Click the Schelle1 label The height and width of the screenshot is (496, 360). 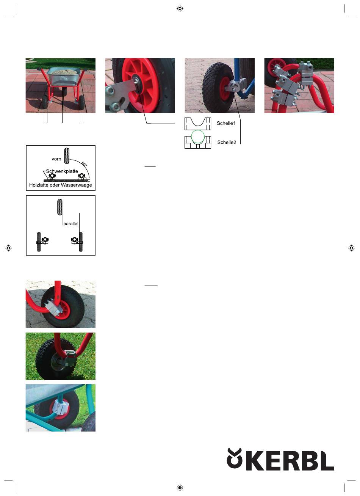(x=226, y=123)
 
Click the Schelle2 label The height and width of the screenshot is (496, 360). (x=227, y=142)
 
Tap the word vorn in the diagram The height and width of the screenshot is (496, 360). (x=56, y=159)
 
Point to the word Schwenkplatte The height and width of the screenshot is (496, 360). (x=62, y=171)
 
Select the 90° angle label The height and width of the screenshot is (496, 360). (x=84, y=164)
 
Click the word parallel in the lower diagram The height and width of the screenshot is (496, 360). (x=71, y=224)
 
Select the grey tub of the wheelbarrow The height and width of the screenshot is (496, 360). (x=64, y=77)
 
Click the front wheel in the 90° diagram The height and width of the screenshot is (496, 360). (x=67, y=156)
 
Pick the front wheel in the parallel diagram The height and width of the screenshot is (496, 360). (x=60, y=207)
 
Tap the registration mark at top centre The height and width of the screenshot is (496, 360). (x=180, y=8)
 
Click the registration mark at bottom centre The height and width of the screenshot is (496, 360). (x=180, y=487)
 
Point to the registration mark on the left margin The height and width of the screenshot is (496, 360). (x=8, y=248)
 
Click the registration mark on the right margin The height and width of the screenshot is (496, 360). (x=351, y=248)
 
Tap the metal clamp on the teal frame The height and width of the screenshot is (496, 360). (x=60, y=407)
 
